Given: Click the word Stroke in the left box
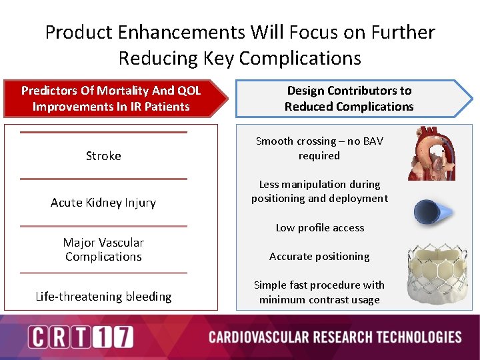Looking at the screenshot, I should click(x=103, y=156).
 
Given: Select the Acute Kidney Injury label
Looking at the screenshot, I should click(x=103, y=203).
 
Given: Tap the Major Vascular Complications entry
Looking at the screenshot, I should click(x=103, y=249).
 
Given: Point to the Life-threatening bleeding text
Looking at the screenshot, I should click(x=103, y=297).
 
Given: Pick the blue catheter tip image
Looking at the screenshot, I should click(x=433, y=213).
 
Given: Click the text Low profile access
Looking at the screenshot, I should click(x=320, y=228).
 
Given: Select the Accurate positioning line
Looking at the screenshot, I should click(x=319, y=257).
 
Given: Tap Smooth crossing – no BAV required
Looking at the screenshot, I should click(x=319, y=148).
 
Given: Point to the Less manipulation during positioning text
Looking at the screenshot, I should click(x=319, y=191).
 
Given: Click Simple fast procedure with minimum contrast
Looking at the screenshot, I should click(x=319, y=292).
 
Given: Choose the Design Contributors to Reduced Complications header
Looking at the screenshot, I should click(x=349, y=99).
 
